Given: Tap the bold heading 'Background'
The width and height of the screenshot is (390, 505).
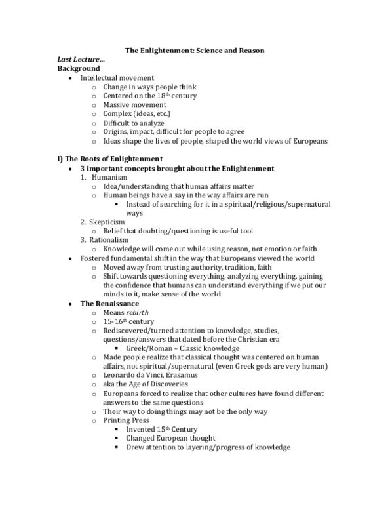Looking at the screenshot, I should tap(79, 68).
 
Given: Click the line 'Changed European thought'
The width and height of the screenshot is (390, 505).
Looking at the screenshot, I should tap(170, 438).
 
